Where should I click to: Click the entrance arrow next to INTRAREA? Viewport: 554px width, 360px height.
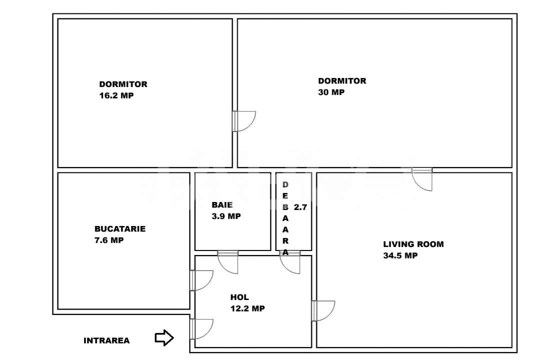pos(164,338)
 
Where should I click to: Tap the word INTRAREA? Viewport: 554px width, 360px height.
pos(106,341)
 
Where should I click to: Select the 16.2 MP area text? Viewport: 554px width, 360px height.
pos(116,95)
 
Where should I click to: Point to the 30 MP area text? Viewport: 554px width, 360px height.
pos(331,92)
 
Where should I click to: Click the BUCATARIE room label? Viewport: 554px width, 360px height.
pos(120,229)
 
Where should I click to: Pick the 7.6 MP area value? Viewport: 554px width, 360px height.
pos(109,240)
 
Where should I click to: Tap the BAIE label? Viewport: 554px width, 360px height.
pos(222,205)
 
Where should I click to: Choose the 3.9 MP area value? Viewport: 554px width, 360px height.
pos(226,216)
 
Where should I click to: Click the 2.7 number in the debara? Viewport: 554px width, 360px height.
pos(300,207)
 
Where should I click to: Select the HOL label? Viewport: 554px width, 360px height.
pos(239,297)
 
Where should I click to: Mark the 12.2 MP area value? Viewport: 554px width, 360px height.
pos(247,308)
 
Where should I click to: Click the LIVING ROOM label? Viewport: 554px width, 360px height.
pos(413,244)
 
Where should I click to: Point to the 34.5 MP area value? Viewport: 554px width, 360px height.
pos(400,255)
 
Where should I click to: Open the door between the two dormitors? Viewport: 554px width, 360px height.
pos(244,121)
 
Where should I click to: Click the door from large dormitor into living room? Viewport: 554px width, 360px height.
pos(422,179)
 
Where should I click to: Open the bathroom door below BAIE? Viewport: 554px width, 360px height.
pos(228,262)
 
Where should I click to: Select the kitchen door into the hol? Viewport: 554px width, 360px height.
pos(202,280)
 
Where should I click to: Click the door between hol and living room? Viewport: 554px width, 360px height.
pos(323,310)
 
